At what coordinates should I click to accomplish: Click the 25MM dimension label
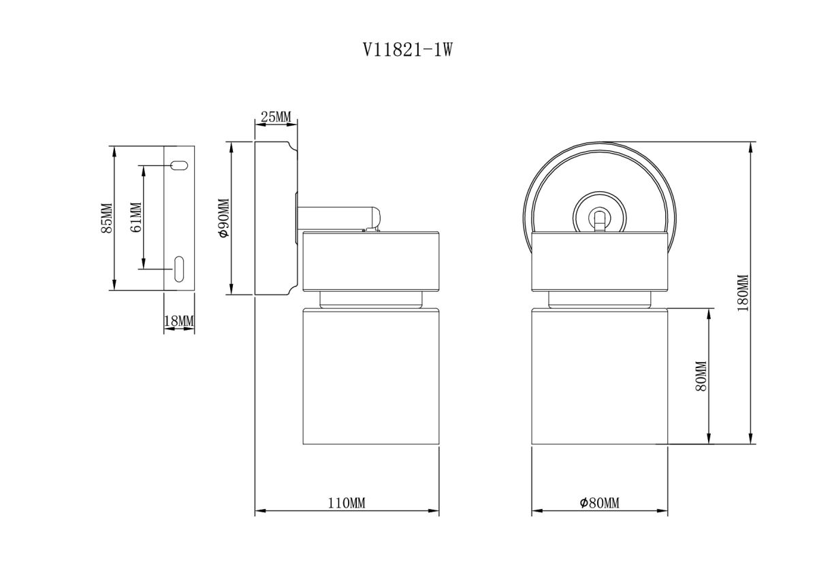(276, 117)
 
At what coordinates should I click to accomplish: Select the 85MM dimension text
(106, 218)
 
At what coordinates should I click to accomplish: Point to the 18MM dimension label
(180, 320)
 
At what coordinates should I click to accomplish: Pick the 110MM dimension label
(347, 503)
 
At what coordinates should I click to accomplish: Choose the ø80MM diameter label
(599, 503)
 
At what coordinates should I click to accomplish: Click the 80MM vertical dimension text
(702, 376)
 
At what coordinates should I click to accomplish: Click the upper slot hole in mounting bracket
(179, 165)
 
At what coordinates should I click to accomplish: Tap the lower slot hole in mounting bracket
(179, 268)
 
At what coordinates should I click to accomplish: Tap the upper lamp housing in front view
(599, 260)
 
